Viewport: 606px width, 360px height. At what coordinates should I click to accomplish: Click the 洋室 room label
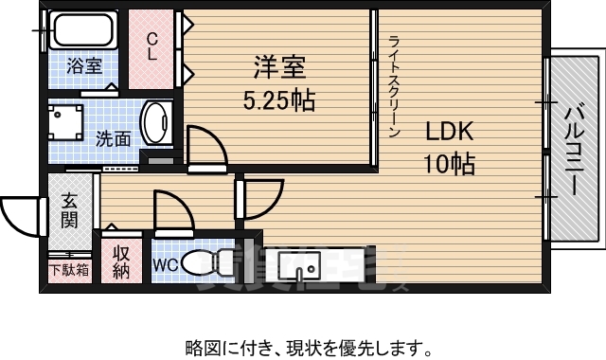[278, 68]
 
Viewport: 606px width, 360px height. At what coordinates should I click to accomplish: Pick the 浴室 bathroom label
[84, 66]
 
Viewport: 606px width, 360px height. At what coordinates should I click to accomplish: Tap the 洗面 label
[113, 137]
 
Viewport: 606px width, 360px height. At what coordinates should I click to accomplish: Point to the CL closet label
[151, 45]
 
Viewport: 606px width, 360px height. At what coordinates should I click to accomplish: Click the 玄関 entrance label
[71, 212]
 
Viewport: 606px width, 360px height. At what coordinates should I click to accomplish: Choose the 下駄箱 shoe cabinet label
[69, 269]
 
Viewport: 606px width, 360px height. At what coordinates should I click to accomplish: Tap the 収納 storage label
[121, 262]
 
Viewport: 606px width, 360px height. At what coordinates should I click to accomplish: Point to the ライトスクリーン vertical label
[394, 85]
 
